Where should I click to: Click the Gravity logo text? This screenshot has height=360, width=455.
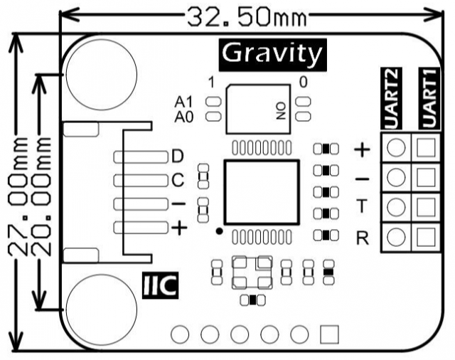coord(271,53)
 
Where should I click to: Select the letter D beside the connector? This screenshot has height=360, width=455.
coord(178,156)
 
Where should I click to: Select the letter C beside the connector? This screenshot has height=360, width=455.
coord(178,180)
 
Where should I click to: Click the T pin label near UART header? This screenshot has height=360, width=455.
coord(361,206)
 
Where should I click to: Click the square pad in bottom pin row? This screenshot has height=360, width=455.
coord(329,333)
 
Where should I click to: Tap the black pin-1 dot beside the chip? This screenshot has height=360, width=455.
coord(220,231)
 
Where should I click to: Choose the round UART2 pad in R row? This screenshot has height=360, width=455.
coord(397,235)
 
